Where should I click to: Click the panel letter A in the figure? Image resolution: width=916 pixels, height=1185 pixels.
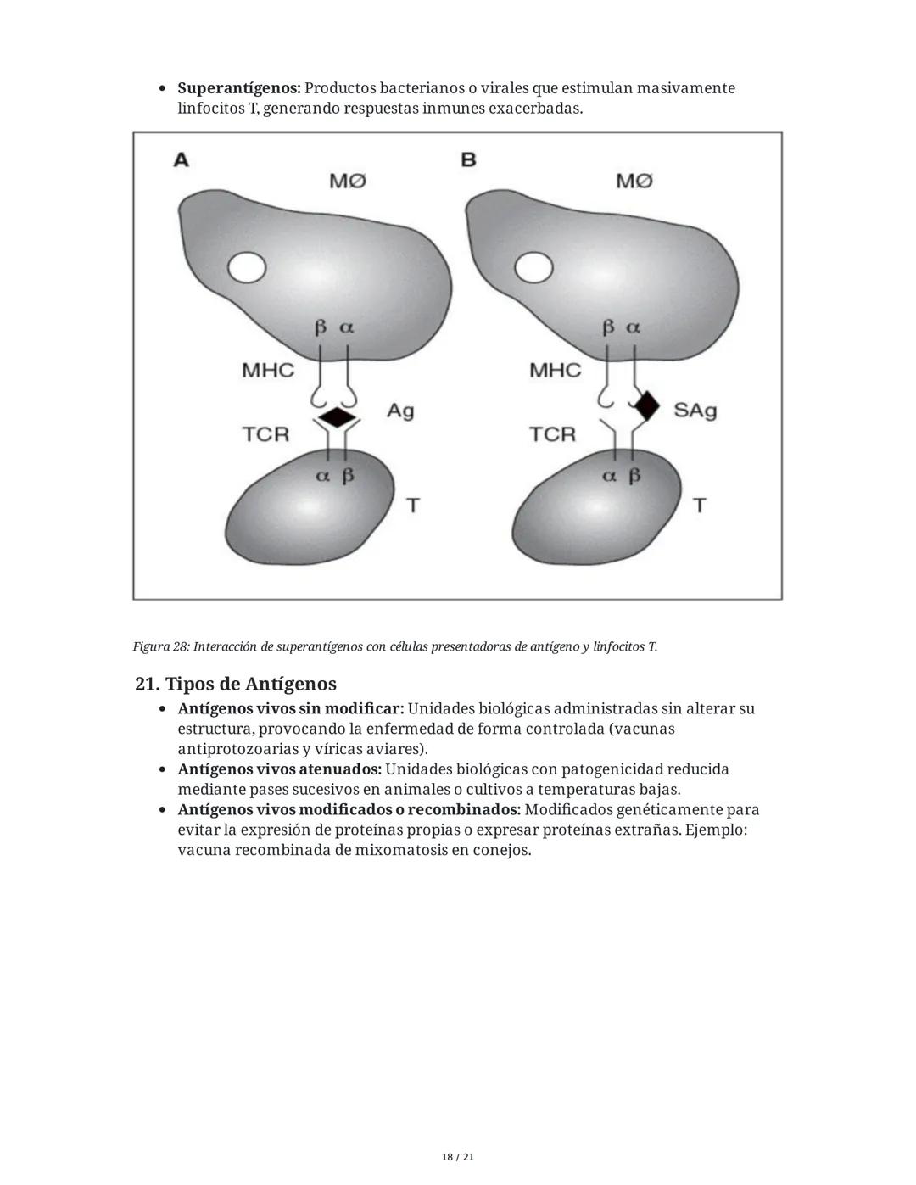[x=181, y=159]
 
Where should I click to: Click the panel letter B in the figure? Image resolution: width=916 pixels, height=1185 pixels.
[x=468, y=159]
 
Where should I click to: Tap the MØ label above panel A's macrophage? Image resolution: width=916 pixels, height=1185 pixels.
[x=348, y=181]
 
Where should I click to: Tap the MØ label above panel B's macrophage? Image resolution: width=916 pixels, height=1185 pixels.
[x=634, y=181]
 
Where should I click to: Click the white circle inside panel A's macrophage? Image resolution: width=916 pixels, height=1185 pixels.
[x=247, y=268]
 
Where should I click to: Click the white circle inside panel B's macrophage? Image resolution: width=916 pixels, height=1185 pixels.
[x=533, y=268]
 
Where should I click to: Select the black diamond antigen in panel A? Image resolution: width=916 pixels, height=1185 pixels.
[x=336, y=417]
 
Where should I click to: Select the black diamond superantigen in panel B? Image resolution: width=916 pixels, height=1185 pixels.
[x=647, y=405]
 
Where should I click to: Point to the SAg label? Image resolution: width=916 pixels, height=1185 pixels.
[x=695, y=411]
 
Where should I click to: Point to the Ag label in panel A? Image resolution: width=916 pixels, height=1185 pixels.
[x=400, y=411]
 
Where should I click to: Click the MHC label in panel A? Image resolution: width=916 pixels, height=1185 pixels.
[x=268, y=370]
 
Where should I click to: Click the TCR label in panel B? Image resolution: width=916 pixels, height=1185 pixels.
[x=552, y=434]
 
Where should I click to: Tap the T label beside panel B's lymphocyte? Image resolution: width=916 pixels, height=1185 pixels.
[x=700, y=506]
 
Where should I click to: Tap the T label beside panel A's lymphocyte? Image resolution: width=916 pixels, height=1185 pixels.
[x=413, y=506]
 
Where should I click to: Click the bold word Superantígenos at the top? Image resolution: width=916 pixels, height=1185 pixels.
[x=239, y=88]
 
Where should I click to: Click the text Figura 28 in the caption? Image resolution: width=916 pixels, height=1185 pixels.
[x=160, y=647]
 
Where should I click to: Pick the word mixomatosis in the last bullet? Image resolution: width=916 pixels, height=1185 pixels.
[x=401, y=850]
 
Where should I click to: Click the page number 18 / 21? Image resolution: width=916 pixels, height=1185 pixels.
[x=458, y=1157]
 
